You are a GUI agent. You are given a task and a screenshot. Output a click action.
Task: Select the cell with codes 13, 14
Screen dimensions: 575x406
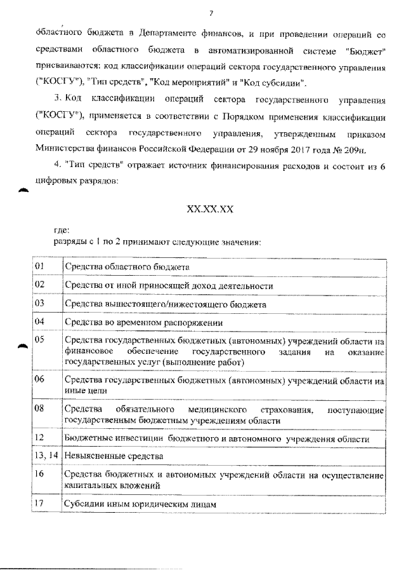click(46, 456)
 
